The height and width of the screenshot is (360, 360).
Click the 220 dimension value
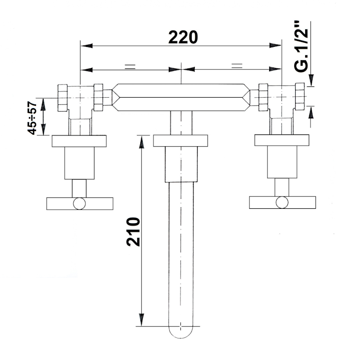pos(183,37)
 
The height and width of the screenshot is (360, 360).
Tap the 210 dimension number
pos(133,232)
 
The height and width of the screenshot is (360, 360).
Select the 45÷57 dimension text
pos(32,118)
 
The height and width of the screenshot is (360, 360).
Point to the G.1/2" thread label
pos(301,47)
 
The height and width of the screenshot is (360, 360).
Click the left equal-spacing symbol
pos(130,67)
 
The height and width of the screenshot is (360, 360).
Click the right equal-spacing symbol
pos(237,66)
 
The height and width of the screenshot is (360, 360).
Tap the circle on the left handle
pos(80,203)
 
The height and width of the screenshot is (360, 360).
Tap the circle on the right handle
pos(282,202)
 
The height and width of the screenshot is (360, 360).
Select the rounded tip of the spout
pos(181,332)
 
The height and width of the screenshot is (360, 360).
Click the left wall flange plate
pos(79,141)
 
